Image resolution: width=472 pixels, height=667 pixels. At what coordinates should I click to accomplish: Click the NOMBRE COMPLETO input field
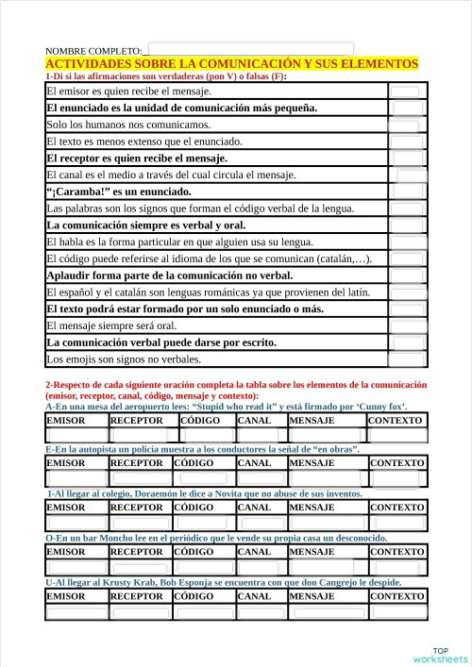click(x=251, y=49)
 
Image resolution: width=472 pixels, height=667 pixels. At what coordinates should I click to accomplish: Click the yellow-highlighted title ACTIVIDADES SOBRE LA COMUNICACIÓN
click(x=231, y=63)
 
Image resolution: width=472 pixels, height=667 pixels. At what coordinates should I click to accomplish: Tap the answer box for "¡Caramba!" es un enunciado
click(x=407, y=192)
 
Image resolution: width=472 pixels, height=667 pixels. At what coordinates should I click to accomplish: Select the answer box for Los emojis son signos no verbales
click(x=407, y=359)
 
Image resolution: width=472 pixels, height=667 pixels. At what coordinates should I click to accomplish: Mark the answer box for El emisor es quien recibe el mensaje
click(x=407, y=92)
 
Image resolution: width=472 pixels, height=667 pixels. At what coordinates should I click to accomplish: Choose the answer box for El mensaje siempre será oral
click(x=407, y=326)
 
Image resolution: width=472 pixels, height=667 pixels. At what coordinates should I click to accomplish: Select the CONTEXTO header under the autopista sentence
click(x=396, y=464)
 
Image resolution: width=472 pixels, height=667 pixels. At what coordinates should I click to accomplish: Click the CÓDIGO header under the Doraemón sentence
click(x=200, y=508)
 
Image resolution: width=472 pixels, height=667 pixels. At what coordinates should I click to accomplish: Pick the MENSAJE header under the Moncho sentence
click(x=312, y=552)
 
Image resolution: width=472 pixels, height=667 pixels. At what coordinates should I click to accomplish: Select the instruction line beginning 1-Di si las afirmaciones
click(x=165, y=75)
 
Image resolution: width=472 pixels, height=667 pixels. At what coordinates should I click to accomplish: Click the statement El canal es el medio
click(x=171, y=175)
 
